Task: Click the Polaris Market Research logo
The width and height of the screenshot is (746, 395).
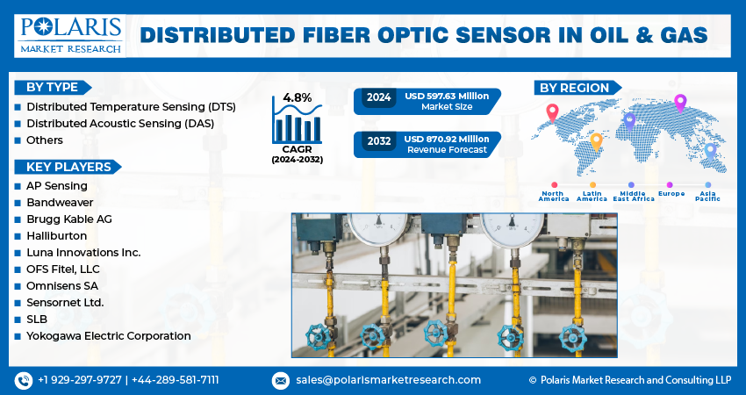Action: [70, 34]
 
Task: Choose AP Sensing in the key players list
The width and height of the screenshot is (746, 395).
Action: [57, 186]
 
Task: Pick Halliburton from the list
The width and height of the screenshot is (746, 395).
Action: [57, 236]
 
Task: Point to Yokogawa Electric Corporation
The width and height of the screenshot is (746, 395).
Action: [108, 336]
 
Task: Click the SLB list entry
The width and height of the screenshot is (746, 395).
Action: [37, 320]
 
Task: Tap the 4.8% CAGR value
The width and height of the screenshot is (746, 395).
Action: [298, 97]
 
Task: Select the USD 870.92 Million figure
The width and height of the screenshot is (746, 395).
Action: [447, 139]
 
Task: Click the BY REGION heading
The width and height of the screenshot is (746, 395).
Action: [574, 88]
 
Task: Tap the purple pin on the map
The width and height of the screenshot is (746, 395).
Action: [679, 104]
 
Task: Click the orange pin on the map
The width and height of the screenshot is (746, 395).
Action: [596, 140]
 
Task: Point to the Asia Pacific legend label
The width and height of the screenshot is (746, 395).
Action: [707, 195]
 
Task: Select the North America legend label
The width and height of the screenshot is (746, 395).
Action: [554, 195]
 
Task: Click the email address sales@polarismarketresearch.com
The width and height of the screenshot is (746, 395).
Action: [387, 380]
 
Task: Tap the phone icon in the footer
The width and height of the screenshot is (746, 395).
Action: [24, 380]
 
